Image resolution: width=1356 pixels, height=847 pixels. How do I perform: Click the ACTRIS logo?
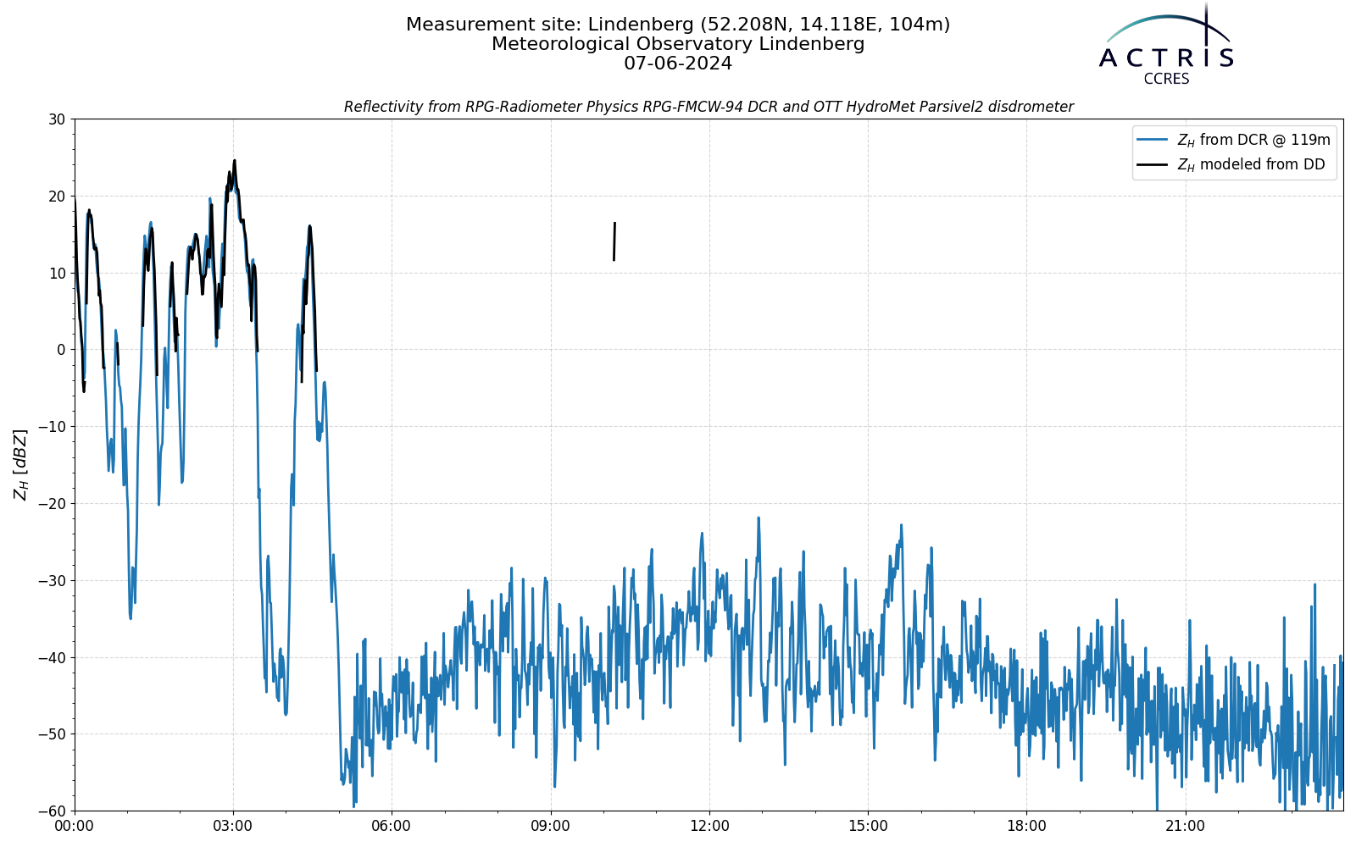coord(1166,46)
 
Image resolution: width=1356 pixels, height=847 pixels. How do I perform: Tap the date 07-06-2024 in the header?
coord(678,64)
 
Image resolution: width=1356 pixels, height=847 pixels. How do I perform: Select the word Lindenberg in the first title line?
coord(641,25)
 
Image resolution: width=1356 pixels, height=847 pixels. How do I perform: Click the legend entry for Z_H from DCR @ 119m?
coord(1234,140)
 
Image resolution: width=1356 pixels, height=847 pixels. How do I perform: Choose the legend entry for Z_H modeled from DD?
coord(1231,164)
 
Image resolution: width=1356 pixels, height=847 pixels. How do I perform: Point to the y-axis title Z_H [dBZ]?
coord(20,465)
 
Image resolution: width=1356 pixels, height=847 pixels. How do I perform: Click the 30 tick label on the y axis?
coord(57,119)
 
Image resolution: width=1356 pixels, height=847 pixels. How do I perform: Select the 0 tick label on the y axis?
coord(61,350)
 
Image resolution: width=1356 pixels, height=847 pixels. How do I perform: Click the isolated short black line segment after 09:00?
coord(614,241)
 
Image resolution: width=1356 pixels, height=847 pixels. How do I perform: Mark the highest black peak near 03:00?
coord(235,161)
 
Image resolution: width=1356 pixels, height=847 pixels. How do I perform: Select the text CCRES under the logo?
coord(1166,80)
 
